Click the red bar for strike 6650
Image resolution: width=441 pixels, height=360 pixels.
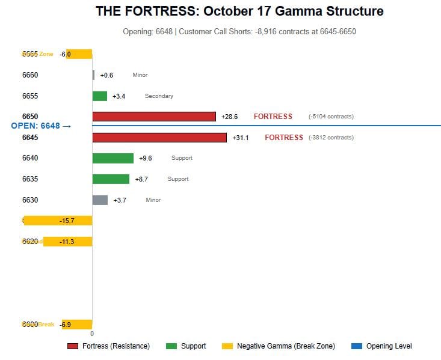(153, 117)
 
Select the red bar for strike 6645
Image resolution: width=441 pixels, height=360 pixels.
(159, 138)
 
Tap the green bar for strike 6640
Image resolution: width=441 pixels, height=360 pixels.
(113, 158)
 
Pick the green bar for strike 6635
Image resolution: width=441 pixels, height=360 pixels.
(111, 179)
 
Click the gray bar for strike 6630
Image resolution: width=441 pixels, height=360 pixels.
(100, 200)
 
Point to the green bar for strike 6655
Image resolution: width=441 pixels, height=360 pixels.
(99, 96)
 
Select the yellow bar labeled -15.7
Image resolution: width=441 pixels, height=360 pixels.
(58, 221)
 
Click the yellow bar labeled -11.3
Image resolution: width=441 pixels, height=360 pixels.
(67, 242)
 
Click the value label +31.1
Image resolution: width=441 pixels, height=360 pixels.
(241, 138)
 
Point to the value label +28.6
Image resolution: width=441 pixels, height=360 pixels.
(229, 117)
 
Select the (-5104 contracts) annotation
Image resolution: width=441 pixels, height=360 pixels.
(331, 117)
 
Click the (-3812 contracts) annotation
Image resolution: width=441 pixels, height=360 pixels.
(331, 138)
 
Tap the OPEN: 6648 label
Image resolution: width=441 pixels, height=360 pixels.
(41, 126)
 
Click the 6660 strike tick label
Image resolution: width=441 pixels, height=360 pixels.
(30, 75)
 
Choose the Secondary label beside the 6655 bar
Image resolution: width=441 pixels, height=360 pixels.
(159, 96)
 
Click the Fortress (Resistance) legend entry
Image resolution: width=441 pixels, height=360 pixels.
(108, 346)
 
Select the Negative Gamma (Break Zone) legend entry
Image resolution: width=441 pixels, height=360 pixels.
(279, 346)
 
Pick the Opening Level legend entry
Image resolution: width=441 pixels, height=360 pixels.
(381, 346)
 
